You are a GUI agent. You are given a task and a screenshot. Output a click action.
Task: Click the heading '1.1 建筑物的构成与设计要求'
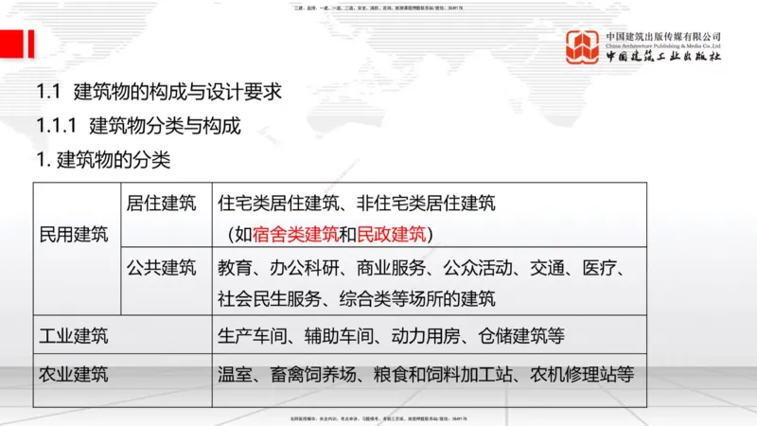tap(159, 94)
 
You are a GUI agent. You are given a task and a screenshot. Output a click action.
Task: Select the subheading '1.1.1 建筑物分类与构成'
tap(139, 126)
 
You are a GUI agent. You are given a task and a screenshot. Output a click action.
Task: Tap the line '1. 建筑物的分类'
tap(103, 159)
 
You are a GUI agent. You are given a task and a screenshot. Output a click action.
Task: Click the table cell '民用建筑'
tap(73, 234)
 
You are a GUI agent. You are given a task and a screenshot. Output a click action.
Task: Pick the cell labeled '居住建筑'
tap(161, 203)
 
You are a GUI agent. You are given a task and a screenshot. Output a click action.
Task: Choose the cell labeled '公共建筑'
tap(161, 267)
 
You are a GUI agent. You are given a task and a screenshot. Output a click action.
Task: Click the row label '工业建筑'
tap(73, 335)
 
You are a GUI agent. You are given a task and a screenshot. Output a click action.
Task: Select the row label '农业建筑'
tap(73, 373)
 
